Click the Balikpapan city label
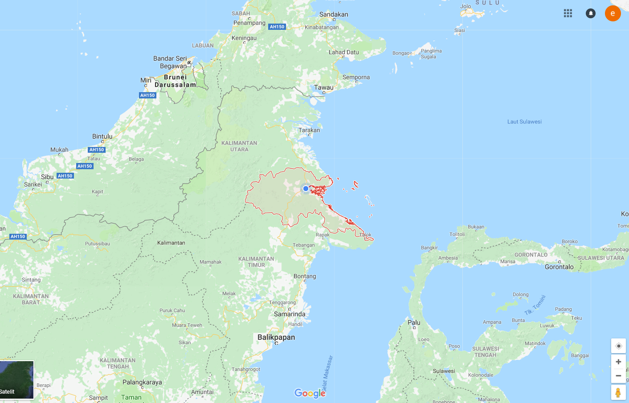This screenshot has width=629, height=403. click(x=276, y=337)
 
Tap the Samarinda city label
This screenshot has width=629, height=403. click(x=290, y=314)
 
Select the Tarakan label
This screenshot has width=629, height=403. click(x=309, y=130)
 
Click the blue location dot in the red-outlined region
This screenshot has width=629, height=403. click(x=306, y=189)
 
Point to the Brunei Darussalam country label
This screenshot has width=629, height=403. click(x=175, y=81)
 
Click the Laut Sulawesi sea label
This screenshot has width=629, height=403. click(x=524, y=122)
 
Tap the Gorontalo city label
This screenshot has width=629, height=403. click(x=559, y=267)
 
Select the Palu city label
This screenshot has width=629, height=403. click(x=414, y=322)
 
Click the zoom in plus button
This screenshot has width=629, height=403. click(x=618, y=362)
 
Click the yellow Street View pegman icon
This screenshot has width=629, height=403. click(x=618, y=392)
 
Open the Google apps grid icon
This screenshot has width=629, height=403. click(x=568, y=13)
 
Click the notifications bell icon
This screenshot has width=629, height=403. click(x=591, y=13)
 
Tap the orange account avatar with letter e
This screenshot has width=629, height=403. click(x=613, y=13)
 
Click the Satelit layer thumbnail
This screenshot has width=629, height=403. click(x=16, y=379)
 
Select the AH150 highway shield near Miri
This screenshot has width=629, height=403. click(x=147, y=95)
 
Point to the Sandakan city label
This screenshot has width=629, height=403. click(x=334, y=14)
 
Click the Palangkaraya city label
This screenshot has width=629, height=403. click(x=142, y=382)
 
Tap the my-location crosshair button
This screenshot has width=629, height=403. click(x=618, y=346)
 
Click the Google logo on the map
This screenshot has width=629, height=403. click(x=310, y=393)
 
